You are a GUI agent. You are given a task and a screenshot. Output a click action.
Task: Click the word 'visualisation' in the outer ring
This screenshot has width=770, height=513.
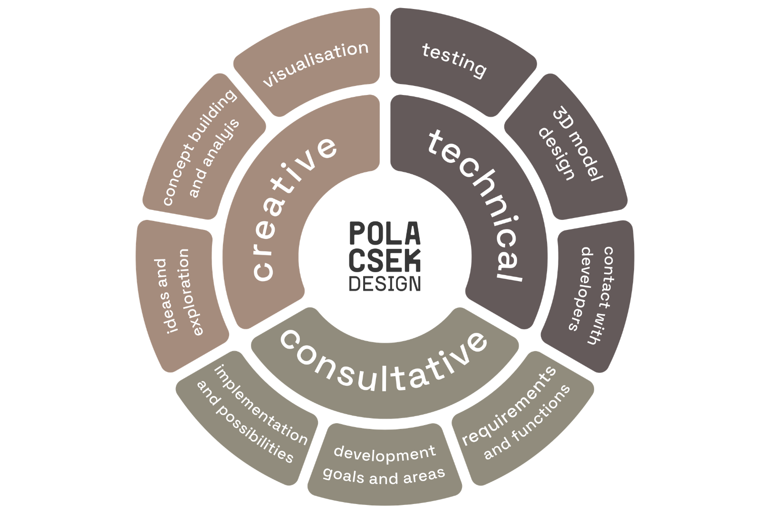(x=316, y=64)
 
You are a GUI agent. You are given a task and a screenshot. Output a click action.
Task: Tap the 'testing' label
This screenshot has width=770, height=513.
(x=454, y=60)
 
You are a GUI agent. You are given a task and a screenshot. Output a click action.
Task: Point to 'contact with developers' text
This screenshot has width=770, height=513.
(x=591, y=295)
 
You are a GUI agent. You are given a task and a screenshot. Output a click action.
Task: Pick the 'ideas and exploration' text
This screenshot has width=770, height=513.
(x=173, y=293)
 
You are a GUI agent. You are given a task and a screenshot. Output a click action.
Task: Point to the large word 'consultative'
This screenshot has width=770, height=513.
(x=384, y=361)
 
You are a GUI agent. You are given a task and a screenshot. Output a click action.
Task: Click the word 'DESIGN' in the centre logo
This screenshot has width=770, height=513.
(x=385, y=284)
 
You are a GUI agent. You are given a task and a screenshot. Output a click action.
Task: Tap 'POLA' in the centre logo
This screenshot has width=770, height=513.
(x=385, y=233)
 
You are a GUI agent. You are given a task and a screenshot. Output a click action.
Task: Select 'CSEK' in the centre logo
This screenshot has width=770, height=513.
(x=385, y=260)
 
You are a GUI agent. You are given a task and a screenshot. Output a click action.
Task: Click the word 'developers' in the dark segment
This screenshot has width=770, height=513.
(x=581, y=289)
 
